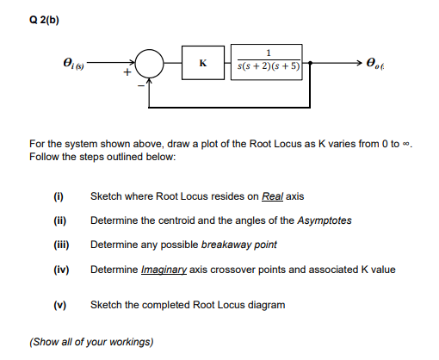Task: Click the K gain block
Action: [201, 63]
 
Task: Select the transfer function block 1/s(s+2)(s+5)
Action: [269, 63]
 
